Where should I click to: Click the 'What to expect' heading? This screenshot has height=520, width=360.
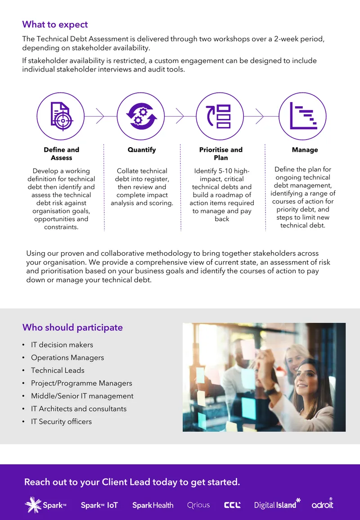[x=55, y=25]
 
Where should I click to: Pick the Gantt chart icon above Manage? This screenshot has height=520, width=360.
[x=303, y=116]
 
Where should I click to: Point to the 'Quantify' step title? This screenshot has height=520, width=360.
[x=142, y=150]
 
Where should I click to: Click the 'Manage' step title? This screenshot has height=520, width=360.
[x=305, y=150]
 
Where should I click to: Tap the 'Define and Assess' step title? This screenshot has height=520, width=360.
[x=62, y=154]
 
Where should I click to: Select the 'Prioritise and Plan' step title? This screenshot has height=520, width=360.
[x=221, y=154]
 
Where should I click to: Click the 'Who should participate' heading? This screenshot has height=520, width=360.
[x=72, y=328]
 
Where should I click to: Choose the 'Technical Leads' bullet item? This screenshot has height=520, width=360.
[x=58, y=371]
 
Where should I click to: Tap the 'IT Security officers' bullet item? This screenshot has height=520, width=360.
[x=61, y=422]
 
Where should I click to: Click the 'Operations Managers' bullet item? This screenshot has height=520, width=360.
[x=67, y=358]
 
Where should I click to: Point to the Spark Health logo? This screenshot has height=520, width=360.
[x=153, y=506]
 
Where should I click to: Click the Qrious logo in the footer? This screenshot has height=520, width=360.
[x=198, y=506]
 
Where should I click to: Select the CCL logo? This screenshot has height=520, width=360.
[x=232, y=506]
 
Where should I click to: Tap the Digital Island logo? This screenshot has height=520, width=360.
[x=277, y=504]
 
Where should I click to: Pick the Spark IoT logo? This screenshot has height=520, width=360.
[x=99, y=506]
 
